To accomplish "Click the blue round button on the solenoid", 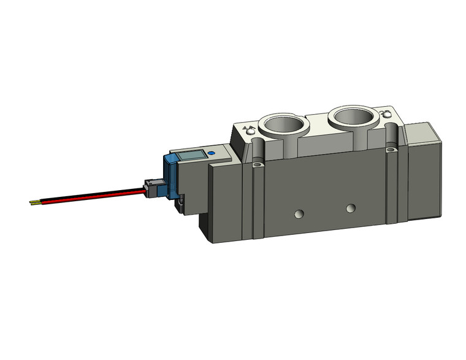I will (212, 155).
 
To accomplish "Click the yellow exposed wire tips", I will (36, 202).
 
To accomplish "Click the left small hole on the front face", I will (299, 214).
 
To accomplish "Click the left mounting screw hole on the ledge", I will (258, 164).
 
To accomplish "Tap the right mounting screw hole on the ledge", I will (391, 149).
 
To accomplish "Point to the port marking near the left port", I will (248, 131).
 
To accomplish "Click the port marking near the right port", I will (385, 114).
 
